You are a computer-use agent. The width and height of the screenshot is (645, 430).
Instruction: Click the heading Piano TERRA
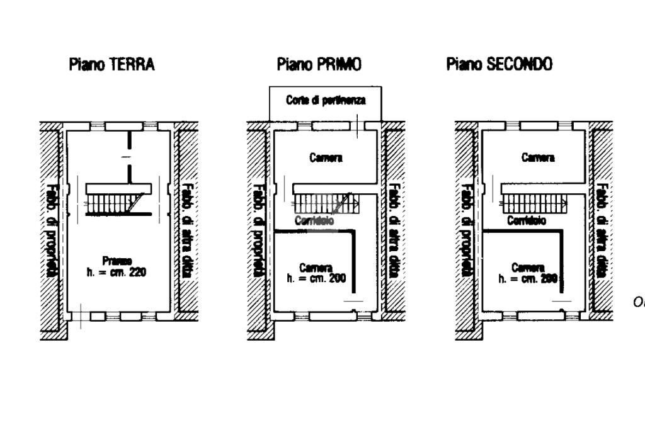[111, 64]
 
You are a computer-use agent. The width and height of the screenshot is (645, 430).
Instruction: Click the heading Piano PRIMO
[319, 64]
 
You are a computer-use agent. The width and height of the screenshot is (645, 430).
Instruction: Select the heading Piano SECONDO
[499, 64]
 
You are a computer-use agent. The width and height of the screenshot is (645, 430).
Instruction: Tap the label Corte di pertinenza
[325, 100]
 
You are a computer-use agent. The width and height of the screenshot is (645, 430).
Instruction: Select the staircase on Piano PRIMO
[324, 203]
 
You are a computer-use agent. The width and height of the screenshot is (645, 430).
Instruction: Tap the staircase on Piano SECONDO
[533, 203]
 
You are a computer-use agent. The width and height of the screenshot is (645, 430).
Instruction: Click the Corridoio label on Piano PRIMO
[314, 220]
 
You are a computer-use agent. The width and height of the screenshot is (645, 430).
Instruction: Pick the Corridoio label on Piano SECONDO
[527, 221]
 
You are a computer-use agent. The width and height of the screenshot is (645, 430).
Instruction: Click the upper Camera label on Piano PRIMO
[326, 158]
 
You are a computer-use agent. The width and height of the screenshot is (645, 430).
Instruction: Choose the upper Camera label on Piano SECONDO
[538, 158]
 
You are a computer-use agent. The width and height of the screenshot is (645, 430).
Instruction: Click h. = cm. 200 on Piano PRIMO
[316, 278]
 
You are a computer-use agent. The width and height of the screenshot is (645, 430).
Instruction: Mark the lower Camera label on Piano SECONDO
[528, 268]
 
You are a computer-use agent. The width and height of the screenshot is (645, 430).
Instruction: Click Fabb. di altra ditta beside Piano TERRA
[187, 230]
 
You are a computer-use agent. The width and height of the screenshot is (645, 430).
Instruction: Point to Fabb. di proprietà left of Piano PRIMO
[257, 230]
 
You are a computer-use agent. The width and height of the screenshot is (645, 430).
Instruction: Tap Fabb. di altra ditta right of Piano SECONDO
[602, 230]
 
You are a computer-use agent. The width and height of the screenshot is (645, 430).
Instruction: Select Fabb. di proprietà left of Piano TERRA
[52, 230]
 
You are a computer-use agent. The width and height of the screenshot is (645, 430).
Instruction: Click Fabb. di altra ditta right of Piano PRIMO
[394, 230]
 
